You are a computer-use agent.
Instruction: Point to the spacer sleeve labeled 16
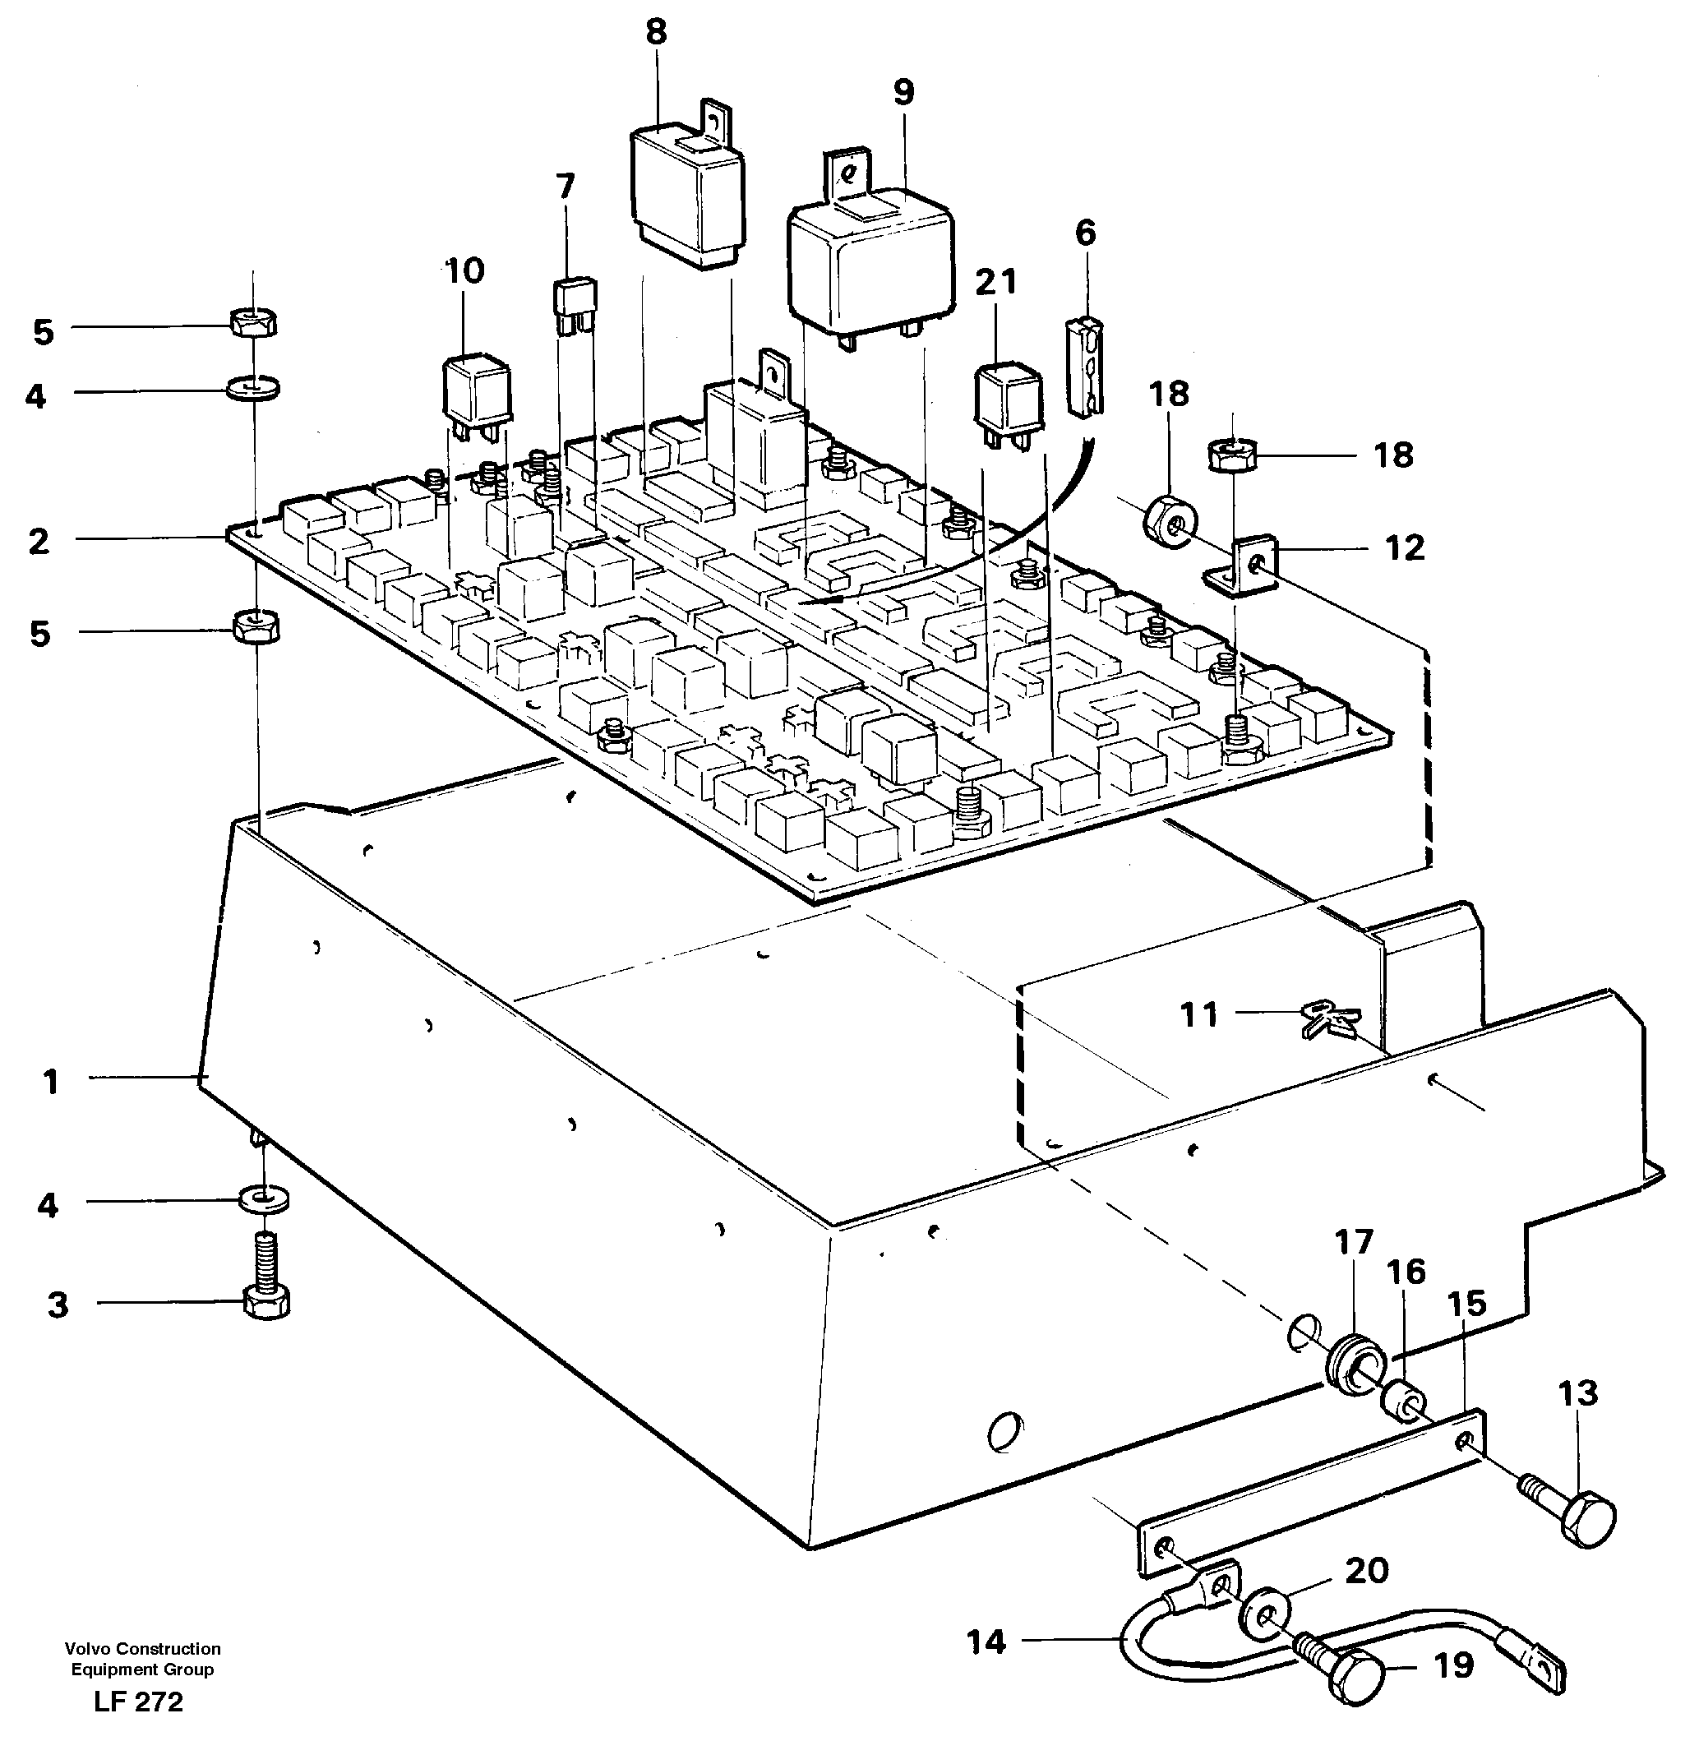(x=1403, y=1400)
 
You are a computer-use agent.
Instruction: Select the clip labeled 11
(x=1330, y=1020)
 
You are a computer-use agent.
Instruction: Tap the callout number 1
(x=51, y=1082)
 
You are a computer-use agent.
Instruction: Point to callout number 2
(x=39, y=541)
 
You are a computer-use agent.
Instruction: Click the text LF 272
(x=138, y=1702)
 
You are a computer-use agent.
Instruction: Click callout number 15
(x=1466, y=1304)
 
